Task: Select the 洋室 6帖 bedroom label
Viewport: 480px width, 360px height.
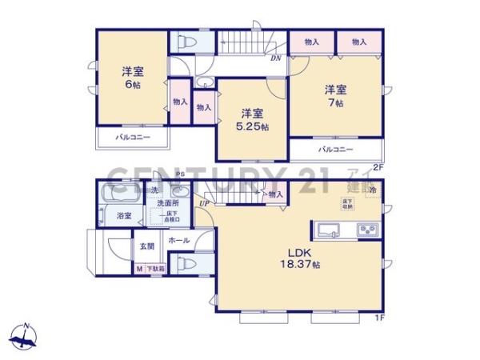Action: pyautogui.click(x=132, y=76)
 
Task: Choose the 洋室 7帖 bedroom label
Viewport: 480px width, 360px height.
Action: pyautogui.click(x=334, y=96)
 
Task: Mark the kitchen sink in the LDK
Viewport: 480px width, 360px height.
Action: pyautogui.click(x=330, y=230)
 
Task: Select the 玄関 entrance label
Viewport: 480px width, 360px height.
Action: pyautogui.click(x=149, y=247)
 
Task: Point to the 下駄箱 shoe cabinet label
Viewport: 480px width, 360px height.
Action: pyautogui.click(x=154, y=270)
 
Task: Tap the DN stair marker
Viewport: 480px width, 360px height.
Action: pyautogui.click(x=275, y=58)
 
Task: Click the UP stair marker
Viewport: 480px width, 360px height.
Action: pyautogui.click(x=205, y=203)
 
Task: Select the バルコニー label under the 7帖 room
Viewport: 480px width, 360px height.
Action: pyautogui.click(x=336, y=150)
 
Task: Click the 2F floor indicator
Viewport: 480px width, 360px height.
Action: pyautogui.click(x=378, y=167)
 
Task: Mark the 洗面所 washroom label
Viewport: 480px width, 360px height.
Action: pyautogui.click(x=167, y=204)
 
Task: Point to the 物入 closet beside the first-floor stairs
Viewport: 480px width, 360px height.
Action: pyautogui.click(x=275, y=194)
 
